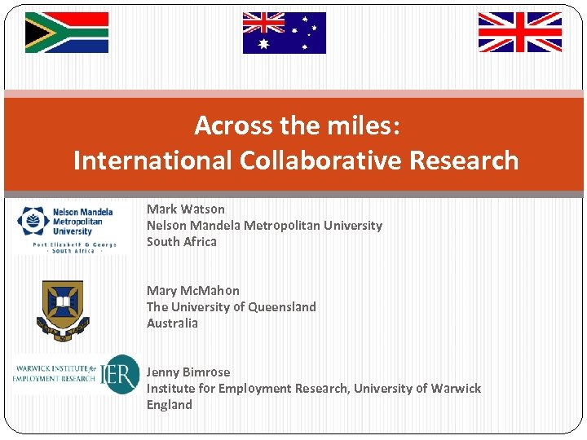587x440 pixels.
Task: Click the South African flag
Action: [x=67, y=33]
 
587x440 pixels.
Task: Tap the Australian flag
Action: [x=284, y=33]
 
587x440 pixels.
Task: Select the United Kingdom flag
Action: [x=519, y=33]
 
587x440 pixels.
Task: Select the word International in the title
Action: [x=152, y=161]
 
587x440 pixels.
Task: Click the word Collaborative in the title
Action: [x=320, y=161]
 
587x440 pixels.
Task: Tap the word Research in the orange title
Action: [x=464, y=161]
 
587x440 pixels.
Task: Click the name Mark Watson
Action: [x=186, y=209]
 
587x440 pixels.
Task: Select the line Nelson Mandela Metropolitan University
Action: [x=264, y=226]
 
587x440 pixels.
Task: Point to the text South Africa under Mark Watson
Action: [x=182, y=242]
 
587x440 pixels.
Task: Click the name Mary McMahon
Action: [x=193, y=291]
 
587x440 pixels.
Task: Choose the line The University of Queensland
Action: [x=232, y=307]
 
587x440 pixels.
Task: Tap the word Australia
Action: [x=172, y=323]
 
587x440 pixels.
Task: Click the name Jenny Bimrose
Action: [x=188, y=372]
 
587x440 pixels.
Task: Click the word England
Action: [x=170, y=405]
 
